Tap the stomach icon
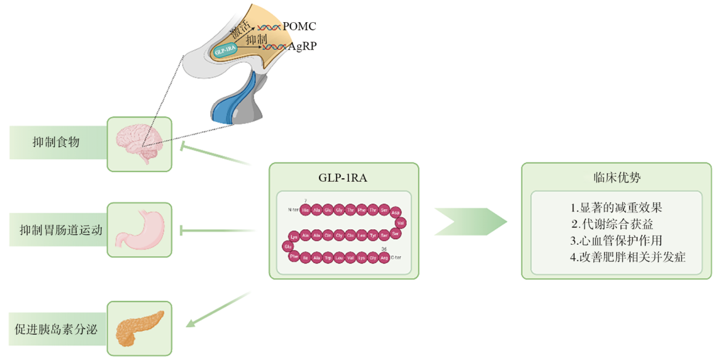[139, 229]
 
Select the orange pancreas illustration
[139, 327]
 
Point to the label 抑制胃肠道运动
[60, 230]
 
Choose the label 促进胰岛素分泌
[56, 329]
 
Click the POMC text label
[299, 27]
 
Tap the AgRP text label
[302, 46]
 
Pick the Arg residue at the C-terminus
[384, 257]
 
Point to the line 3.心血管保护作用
[616, 240]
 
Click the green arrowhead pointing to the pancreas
[192, 321]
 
